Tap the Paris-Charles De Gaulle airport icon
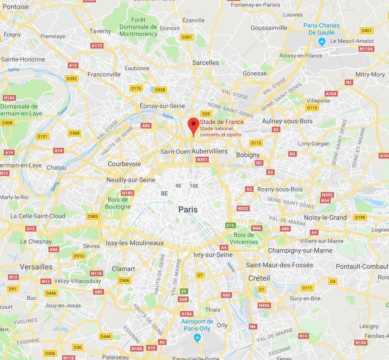[322, 42]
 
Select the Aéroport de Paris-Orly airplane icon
[198, 338]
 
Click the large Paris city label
[188, 209]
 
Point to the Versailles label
[36, 267]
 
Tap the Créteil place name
[259, 278]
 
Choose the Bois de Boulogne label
[118, 203]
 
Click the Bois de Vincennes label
[246, 238]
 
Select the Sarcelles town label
[206, 63]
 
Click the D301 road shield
[187, 37]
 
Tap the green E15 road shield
[230, 225]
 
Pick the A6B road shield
[183, 299]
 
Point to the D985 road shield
[93, 216]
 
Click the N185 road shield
[127, 193]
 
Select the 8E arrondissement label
[164, 193]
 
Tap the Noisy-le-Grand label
[338, 217]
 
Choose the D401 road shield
[366, 31]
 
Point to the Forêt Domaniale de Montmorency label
[138, 27]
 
